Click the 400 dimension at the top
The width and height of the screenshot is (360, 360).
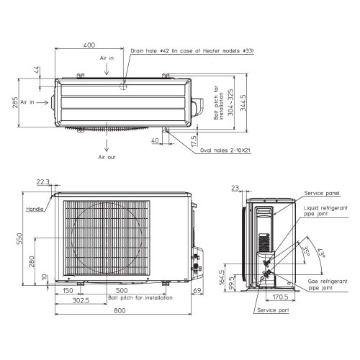[x=89, y=45]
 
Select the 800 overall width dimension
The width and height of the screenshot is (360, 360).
[x=119, y=310]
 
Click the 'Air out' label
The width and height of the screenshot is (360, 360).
[x=107, y=156]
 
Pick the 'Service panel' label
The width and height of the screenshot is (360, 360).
[x=322, y=194]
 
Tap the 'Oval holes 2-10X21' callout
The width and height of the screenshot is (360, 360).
[x=225, y=150]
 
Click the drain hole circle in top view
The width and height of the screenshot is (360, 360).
[x=123, y=85]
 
